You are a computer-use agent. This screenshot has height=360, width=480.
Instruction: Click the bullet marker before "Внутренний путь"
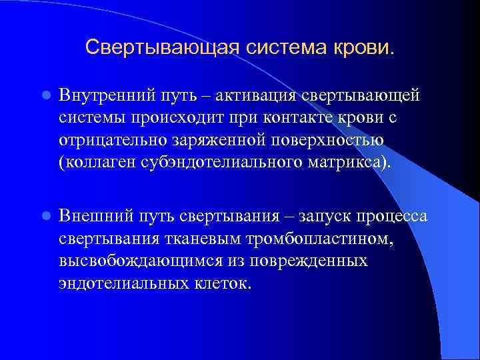click(x=45, y=95)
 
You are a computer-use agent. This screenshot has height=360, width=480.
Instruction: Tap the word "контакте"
click(x=297, y=118)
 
